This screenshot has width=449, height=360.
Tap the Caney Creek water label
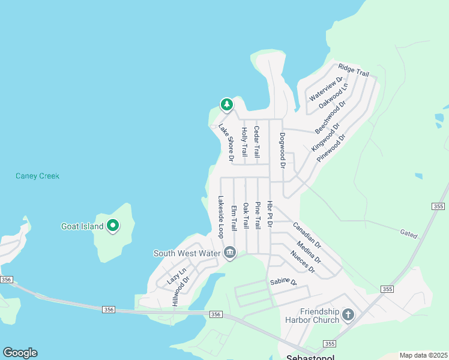(37, 176)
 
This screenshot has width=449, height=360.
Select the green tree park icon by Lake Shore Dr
(226, 105)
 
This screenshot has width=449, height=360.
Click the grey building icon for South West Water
(230, 253)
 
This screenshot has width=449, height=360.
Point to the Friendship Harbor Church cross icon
(348, 314)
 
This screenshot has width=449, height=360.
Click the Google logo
(20, 353)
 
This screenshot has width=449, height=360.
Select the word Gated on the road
(409, 232)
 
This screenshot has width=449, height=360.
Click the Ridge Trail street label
(354, 70)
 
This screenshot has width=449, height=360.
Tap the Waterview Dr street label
(326, 88)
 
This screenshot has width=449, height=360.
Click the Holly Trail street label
(244, 142)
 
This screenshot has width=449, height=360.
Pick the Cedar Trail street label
(257, 142)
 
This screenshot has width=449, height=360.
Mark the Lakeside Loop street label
(221, 217)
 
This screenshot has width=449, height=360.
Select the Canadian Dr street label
(307, 236)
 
